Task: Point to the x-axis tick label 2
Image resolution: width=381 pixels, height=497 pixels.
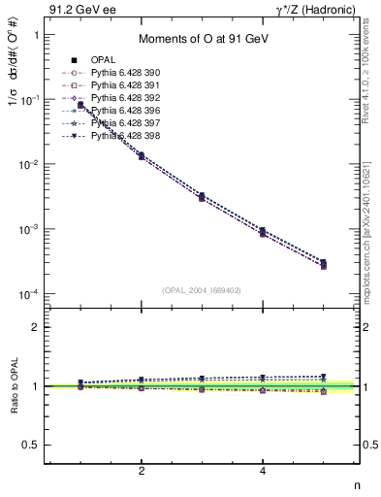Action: click(142, 471)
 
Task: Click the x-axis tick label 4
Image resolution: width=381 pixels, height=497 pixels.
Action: click(263, 471)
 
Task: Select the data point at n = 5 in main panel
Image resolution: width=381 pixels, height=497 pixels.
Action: click(323, 263)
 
